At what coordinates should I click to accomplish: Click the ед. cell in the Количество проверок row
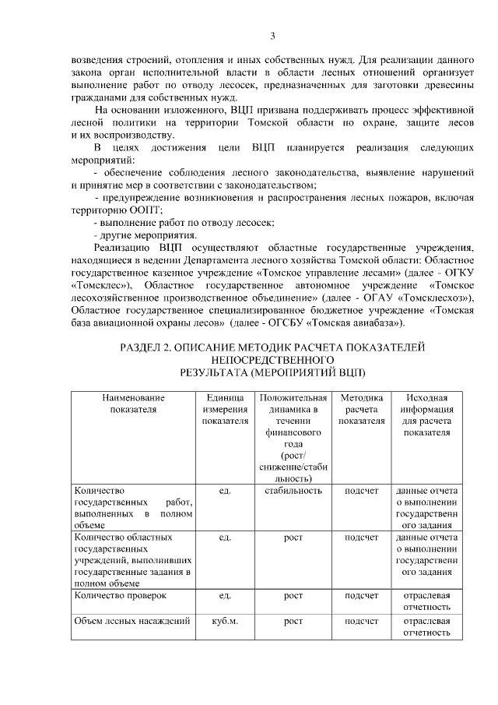coord(225,596)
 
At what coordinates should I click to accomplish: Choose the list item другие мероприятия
coord(145,234)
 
